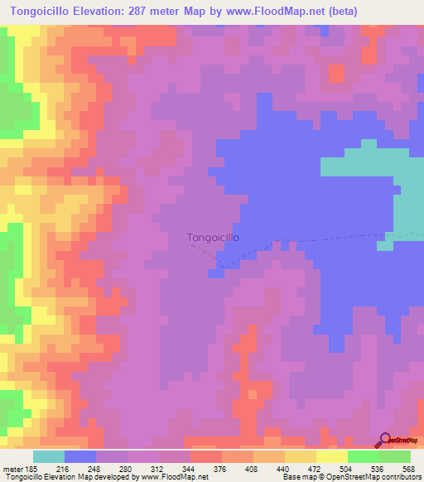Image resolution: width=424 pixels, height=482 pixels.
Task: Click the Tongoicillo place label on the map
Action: coord(214,237)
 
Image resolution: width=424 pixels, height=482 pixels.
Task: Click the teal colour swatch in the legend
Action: coord(49,455)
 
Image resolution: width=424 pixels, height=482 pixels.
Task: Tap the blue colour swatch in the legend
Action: coord(80,455)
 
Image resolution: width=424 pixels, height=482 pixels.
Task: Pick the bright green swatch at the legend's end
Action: coord(395,455)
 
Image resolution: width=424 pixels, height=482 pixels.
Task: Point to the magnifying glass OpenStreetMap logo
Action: coord(385,441)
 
